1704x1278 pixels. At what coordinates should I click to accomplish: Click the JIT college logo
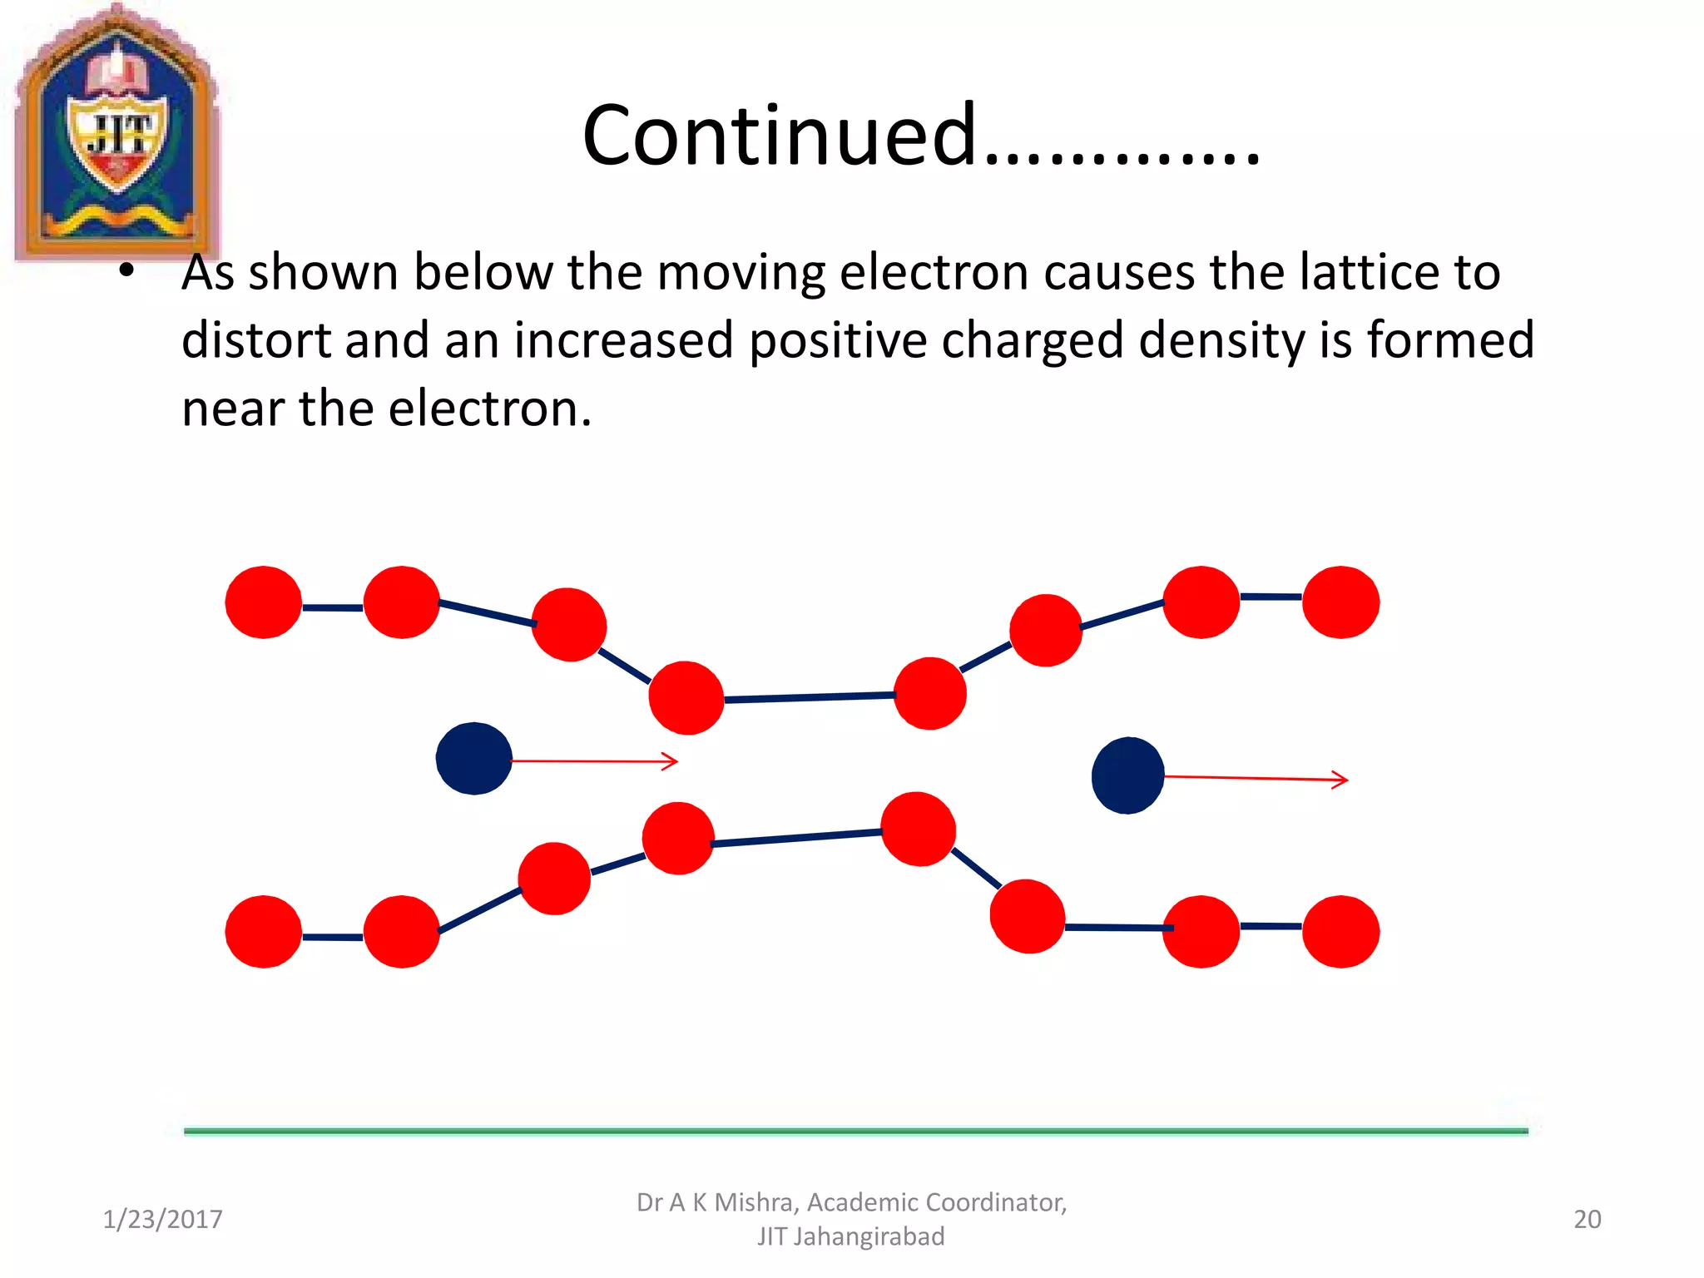click(x=116, y=133)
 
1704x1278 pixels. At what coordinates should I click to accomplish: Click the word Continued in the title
click(x=779, y=135)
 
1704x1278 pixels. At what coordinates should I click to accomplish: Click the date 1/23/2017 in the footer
click(x=162, y=1219)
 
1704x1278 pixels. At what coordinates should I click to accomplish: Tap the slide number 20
click(x=1587, y=1219)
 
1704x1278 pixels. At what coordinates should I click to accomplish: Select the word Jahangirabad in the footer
click(x=869, y=1236)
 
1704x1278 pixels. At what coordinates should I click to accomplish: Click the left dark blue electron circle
click(x=473, y=758)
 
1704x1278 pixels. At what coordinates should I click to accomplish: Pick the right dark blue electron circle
click(x=1127, y=775)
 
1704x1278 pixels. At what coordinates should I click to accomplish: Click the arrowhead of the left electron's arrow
click(x=672, y=761)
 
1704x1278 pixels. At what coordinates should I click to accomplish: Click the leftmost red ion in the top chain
click(x=263, y=602)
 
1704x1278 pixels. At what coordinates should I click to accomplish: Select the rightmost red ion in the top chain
click(x=1340, y=602)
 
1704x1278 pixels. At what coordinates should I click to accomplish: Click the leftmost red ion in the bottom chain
click(x=263, y=931)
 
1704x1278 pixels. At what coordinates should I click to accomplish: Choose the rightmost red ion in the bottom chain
click(x=1340, y=931)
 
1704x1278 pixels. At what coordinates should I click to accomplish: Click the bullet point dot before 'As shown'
click(x=126, y=270)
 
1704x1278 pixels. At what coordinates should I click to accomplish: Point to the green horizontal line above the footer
click(x=855, y=1131)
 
